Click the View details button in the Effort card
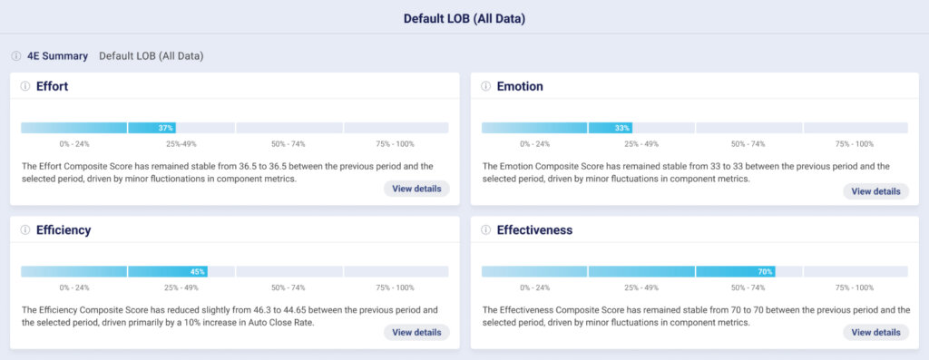[416, 189]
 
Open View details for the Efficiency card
[416, 332]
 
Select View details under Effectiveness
[875, 332]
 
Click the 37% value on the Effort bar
[165, 128]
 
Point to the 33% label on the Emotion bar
[621, 128]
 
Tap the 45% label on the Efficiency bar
[198, 271]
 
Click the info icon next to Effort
[24, 86]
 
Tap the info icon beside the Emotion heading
[484, 86]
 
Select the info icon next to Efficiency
[24, 230]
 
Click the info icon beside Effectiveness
[484, 230]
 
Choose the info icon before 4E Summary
[16, 56]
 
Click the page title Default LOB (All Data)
[464, 18]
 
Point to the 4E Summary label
[57, 56]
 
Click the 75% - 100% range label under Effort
[395, 144]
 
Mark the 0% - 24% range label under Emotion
[534, 144]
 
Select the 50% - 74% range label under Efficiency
[288, 287]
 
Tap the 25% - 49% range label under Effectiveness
[641, 287]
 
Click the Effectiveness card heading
[534, 230]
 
